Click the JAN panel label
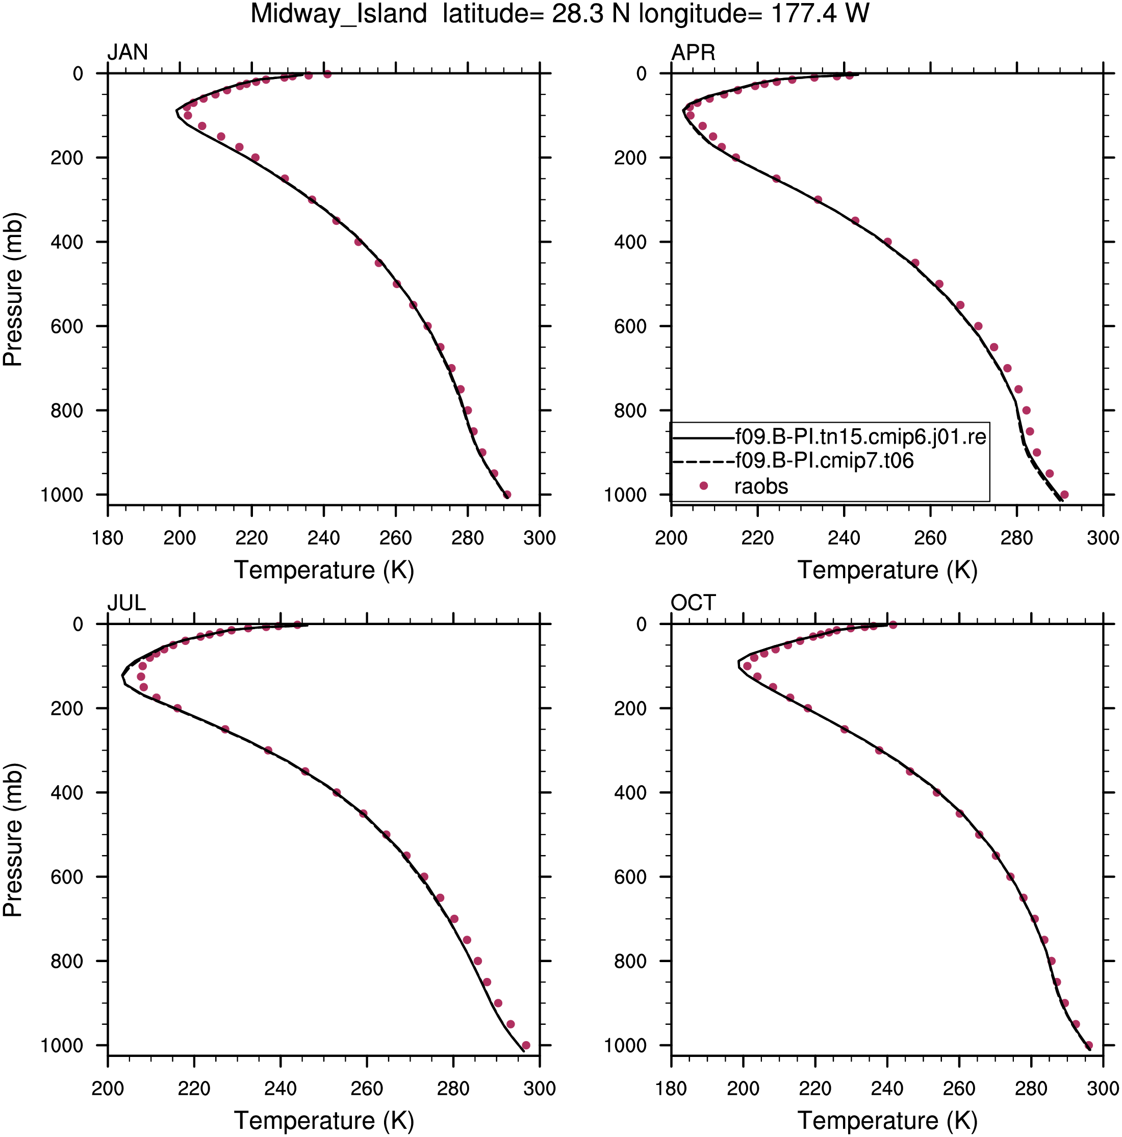tap(127, 53)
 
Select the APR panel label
tap(693, 53)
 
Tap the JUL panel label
tap(126, 603)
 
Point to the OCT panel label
tap(693, 603)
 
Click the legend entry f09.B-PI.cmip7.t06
tap(824, 460)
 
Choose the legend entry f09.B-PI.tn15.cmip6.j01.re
tap(861, 436)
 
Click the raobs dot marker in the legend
tap(703, 485)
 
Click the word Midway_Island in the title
tap(339, 14)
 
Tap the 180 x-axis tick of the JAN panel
tap(108, 538)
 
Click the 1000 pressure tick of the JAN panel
tap(62, 495)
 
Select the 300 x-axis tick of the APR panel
tap(1103, 538)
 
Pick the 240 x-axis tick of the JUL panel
tap(280, 1088)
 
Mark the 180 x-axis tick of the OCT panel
tap(671, 1088)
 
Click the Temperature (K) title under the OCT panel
tap(887, 1121)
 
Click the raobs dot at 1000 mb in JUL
tap(526, 1045)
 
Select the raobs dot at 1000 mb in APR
tap(1064, 495)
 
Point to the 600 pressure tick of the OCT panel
tap(630, 877)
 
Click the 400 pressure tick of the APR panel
tap(630, 242)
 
